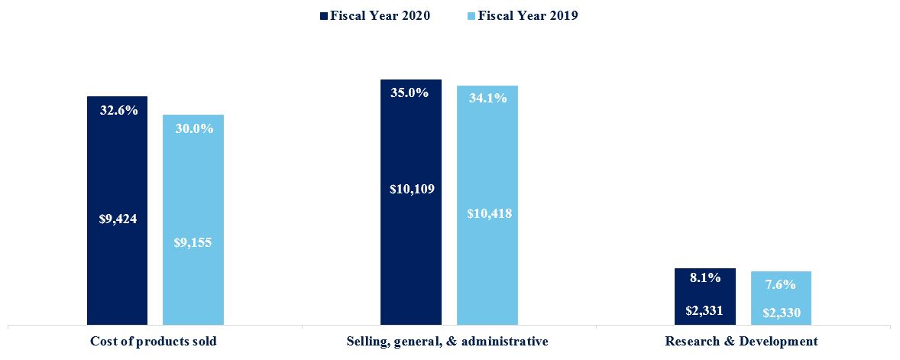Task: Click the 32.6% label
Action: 119,110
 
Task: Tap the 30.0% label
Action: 194,128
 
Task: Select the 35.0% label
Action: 410,93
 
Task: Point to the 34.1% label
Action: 487,98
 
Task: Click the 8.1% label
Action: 705,278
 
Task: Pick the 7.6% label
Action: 780,284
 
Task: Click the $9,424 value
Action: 118,219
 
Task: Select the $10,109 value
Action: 412,188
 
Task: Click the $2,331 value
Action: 705,310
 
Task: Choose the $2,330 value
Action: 781,313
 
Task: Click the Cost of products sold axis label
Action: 154,341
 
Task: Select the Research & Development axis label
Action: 741,341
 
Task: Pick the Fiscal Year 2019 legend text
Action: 528,15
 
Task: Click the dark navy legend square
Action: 324,15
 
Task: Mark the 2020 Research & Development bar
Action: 705,297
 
